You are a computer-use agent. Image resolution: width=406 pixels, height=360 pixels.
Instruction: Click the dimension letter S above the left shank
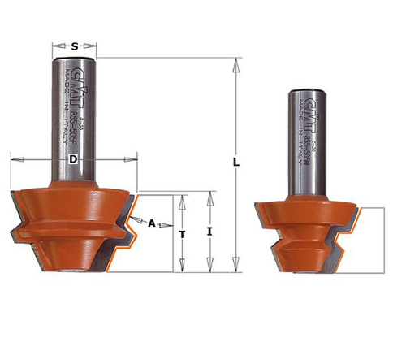coord(74,46)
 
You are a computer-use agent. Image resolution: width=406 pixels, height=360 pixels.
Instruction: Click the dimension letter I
coord(210,232)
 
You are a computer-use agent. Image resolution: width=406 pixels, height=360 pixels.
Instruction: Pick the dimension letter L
coord(235,163)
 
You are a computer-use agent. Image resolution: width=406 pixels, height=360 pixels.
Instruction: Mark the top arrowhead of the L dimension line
coord(235,62)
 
